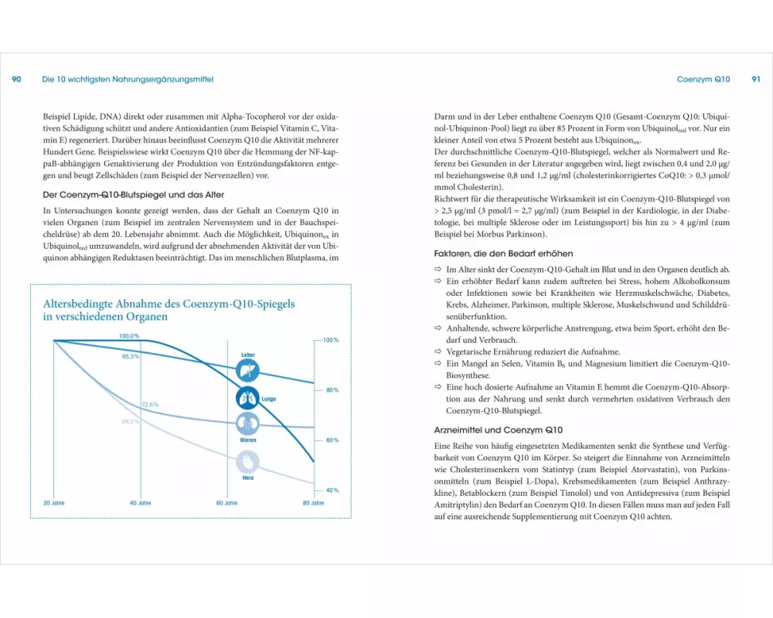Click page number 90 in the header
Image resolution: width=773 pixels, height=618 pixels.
pos(16,80)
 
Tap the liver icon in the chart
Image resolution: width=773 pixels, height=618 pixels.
pos(248,370)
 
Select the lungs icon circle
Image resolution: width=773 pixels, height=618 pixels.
pos(248,398)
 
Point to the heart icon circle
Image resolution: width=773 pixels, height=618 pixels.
pos(248,462)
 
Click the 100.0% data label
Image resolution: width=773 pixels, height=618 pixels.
pos(129,336)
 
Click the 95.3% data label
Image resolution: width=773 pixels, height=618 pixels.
pos(131,357)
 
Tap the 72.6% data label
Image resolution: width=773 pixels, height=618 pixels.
pos(150,404)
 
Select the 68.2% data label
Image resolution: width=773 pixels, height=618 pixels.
pos(131,422)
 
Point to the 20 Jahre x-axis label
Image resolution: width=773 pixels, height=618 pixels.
pos(53,503)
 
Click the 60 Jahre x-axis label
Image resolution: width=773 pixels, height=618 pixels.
pos(227,503)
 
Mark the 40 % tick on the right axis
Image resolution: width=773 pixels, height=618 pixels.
pos(332,491)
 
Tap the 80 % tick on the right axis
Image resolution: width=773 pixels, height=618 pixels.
pos(332,390)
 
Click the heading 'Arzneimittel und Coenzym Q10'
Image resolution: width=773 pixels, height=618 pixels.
pos(499,430)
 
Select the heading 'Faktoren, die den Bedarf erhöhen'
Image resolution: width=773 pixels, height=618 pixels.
pos(503,253)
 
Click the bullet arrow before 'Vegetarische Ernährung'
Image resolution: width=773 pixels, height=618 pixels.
pos(438,351)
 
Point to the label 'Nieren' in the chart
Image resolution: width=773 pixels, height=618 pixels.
pos(248,440)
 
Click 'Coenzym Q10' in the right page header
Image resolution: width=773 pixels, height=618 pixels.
pos(703,80)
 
